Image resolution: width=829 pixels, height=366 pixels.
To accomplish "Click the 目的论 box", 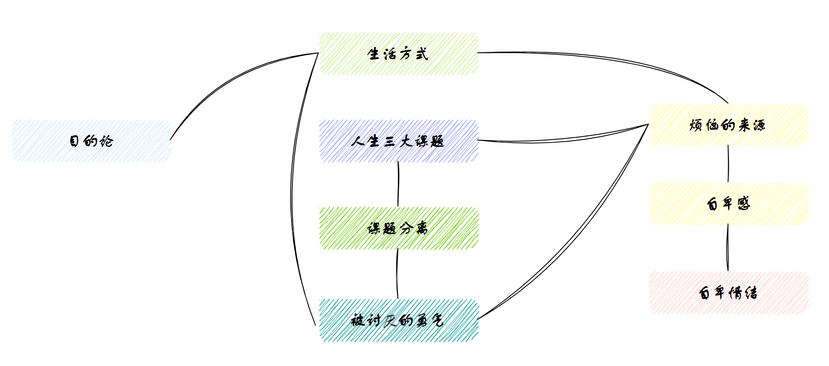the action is [x=91, y=141].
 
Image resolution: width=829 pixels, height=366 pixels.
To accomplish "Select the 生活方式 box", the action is [x=398, y=54].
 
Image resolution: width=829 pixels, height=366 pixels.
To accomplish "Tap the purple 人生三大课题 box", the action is [x=398, y=141].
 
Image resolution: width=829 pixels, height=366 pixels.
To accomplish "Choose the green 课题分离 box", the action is [x=398, y=228].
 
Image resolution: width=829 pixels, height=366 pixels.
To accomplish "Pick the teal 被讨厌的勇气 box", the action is [x=398, y=321].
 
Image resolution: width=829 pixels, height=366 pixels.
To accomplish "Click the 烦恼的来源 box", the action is [x=728, y=125].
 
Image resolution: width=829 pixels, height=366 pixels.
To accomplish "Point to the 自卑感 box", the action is [x=728, y=204].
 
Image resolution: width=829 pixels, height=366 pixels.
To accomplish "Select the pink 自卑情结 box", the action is [x=728, y=293].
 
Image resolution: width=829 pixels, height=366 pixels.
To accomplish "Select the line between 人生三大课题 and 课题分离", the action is [x=398, y=184].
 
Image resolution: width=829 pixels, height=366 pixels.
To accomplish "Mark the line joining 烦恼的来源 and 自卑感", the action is [x=728, y=164].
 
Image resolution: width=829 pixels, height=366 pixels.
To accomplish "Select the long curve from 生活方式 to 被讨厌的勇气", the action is [x=292, y=189].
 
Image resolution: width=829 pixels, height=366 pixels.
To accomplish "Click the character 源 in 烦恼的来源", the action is [x=759, y=125].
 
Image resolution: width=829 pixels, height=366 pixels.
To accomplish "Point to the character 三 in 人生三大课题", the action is [x=389, y=141].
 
